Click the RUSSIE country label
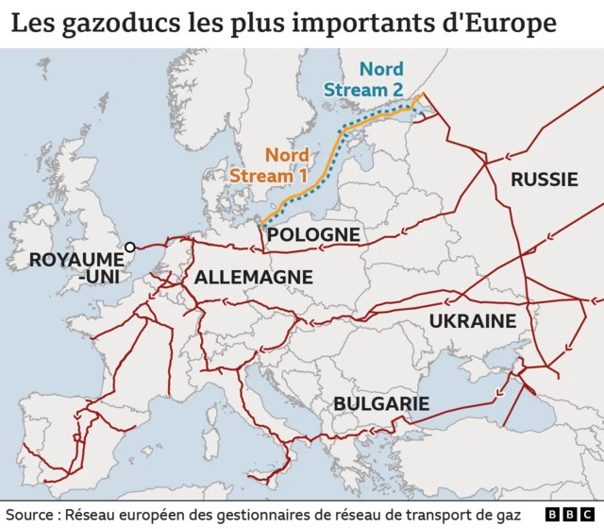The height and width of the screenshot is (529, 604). (x=544, y=179)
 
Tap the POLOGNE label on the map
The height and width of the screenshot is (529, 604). (x=313, y=234)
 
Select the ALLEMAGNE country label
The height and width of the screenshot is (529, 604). (x=253, y=277)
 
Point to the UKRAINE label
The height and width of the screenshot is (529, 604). (x=472, y=321)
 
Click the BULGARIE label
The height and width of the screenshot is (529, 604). (x=381, y=404)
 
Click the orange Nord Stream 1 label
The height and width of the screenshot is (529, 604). (x=270, y=165)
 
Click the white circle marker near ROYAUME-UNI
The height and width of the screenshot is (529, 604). (x=130, y=247)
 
